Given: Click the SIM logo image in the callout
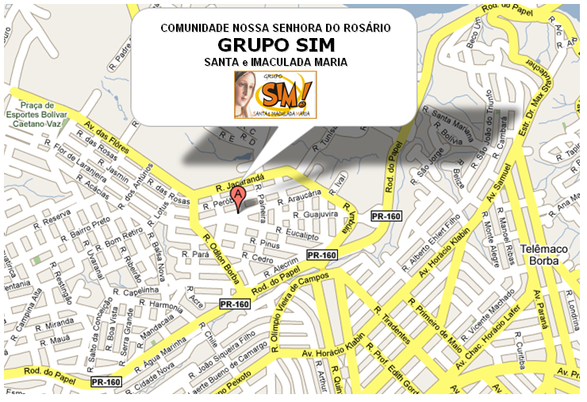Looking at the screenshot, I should point(274,94).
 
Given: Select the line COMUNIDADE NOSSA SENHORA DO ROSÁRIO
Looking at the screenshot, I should point(275,27).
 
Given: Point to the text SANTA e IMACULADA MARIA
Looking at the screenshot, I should point(275,61).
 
